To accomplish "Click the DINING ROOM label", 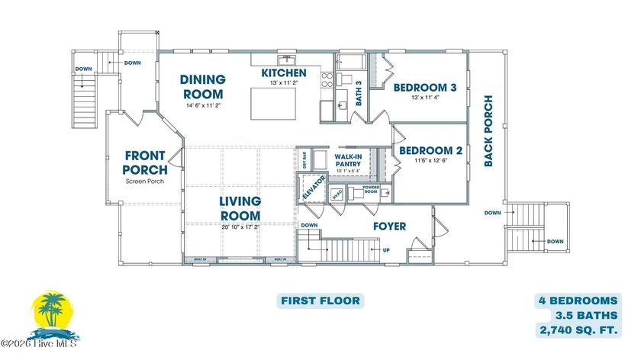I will click(202, 87).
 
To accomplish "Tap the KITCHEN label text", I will click(284, 73).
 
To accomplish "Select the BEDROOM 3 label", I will click(424, 88).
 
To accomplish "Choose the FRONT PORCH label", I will click(145, 162).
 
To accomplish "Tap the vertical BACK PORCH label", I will click(488, 130).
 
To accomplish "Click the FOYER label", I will click(389, 227).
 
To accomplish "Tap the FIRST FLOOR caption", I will click(319, 301).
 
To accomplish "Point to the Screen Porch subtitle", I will click(145, 182).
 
